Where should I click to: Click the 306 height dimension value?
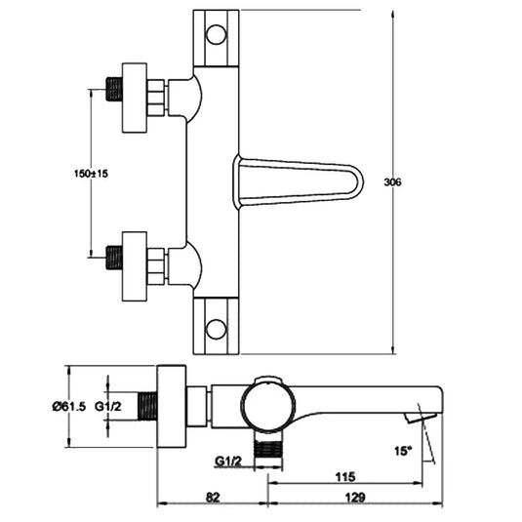[x=421, y=182]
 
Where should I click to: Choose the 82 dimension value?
[x=213, y=498]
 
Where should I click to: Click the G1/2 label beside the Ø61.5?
[x=108, y=406]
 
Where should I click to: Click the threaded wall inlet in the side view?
[x=147, y=406]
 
